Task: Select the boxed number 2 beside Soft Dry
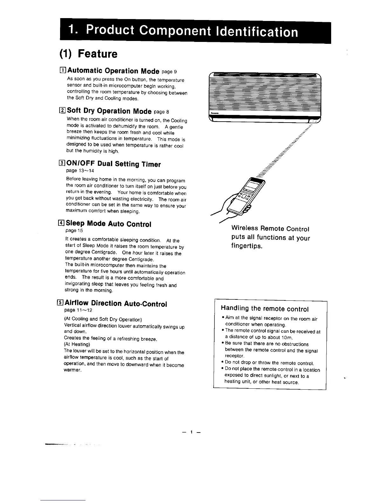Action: pyautogui.click(x=63, y=111)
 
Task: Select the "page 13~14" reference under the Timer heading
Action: pyautogui.click(x=76, y=171)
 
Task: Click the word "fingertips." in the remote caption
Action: pyautogui.click(x=247, y=246)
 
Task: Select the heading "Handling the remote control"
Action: pyautogui.click(x=264, y=309)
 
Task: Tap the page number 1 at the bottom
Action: pyautogui.click(x=192, y=432)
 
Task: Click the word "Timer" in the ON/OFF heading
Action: pyautogui.click(x=150, y=164)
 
